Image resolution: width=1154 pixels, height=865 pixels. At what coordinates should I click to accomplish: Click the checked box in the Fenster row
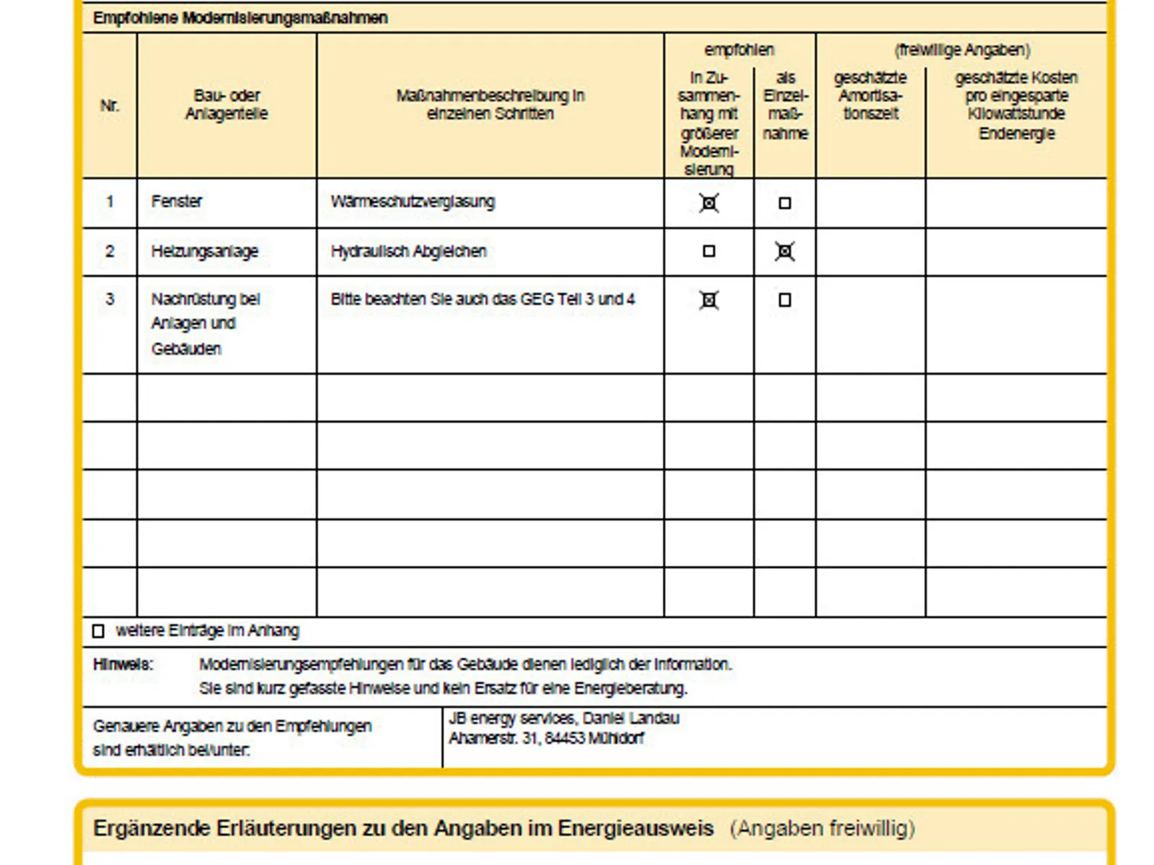[709, 203]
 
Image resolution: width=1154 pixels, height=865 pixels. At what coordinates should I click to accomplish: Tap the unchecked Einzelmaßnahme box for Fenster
[785, 203]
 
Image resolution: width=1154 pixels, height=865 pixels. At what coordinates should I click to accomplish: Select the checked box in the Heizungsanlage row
[785, 252]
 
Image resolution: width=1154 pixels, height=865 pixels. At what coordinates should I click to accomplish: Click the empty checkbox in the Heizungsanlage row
[709, 252]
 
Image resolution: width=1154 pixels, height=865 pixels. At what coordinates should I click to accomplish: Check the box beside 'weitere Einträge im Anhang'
[99, 631]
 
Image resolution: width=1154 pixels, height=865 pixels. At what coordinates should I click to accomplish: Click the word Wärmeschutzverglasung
[413, 202]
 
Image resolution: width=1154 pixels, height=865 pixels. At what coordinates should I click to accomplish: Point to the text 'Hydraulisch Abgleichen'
[408, 252]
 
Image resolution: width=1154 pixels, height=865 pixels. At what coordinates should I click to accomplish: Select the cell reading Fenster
[177, 202]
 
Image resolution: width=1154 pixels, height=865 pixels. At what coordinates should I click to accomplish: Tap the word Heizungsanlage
[205, 252]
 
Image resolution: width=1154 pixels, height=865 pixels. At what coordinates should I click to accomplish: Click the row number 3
[110, 299]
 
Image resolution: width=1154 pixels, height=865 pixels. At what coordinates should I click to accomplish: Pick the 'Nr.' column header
[110, 106]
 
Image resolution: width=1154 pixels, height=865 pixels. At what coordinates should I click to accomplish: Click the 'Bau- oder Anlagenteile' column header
[226, 105]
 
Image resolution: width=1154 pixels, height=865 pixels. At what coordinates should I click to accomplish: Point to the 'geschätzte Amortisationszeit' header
[871, 96]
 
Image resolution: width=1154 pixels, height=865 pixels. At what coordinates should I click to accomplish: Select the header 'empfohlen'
[739, 50]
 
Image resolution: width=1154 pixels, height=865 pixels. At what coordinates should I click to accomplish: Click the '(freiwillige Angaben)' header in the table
[962, 50]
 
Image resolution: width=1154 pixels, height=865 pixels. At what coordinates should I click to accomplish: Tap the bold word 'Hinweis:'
[123, 665]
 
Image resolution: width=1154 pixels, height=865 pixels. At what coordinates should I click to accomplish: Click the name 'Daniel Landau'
[631, 719]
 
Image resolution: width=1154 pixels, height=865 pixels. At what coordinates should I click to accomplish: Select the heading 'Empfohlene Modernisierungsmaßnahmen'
[240, 18]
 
